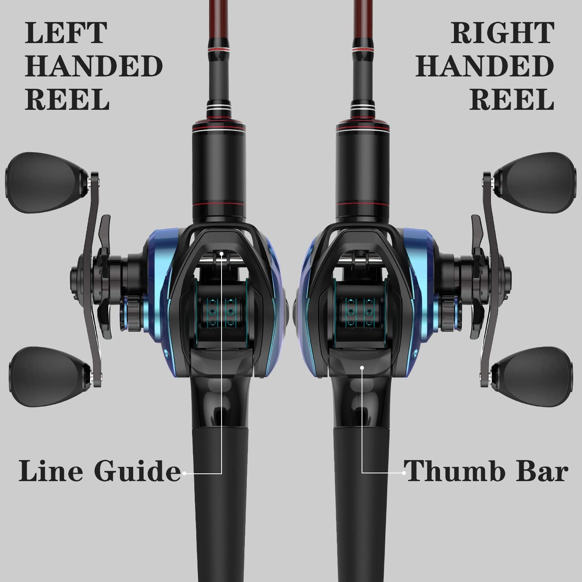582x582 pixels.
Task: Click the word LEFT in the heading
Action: tap(66, 33)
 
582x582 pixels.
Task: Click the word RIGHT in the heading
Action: tap(503, 33)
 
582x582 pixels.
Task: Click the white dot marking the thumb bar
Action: tap(362, 367)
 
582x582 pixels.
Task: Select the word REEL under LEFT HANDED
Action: tap(67, 100)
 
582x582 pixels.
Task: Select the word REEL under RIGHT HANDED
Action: tap(511, 100)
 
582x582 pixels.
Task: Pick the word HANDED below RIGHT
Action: tap(485, 66)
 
